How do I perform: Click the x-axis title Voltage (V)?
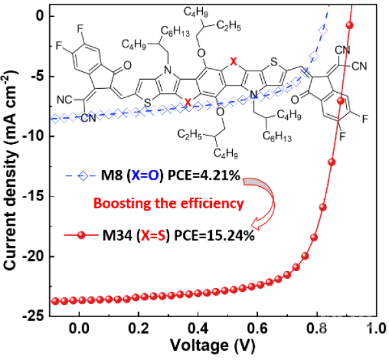(x=213, y=345)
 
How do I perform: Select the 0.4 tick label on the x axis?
(x=198, y=329)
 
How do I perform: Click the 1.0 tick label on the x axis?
(x=375, y=329)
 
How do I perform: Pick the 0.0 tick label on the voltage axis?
(x=79, y=329)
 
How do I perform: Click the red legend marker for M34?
(x=81, y=235)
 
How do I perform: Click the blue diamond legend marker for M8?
(x=84, y=176)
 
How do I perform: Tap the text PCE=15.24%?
(x=215, y=235)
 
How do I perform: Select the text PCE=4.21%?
(x=204, y=176)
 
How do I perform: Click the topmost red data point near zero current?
(x=349, y=25)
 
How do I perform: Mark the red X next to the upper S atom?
(x=233, y=62)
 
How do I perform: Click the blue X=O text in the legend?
(x=145, y=176)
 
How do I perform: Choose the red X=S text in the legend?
(x=153, y=235)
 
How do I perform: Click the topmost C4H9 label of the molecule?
(x=196, y=12)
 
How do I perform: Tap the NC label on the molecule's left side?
(x=64, y=99)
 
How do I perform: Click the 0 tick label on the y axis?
(x=40, y=16)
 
